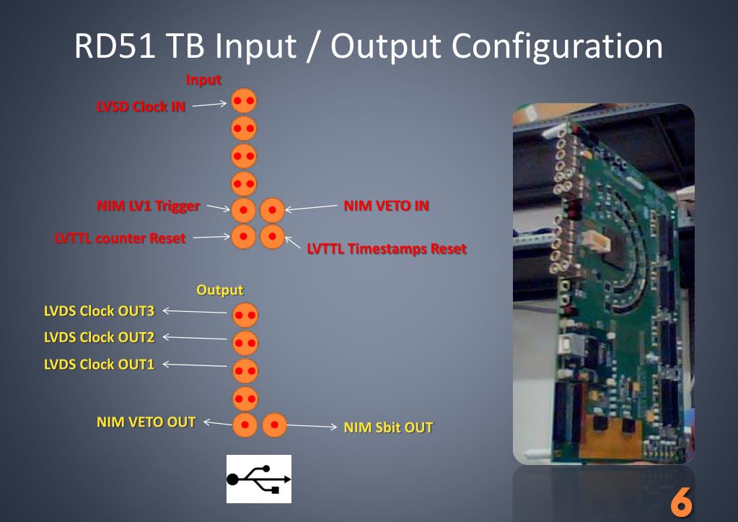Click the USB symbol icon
259,479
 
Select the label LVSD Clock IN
141,107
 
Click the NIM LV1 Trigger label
148,206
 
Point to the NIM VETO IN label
386,206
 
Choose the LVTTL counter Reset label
120,238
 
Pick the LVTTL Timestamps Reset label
387,249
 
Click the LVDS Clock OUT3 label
100,311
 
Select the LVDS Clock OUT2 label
100,337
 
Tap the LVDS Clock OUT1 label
100,364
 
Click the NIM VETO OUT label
146,422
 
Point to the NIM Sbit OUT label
388,427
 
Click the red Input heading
203,79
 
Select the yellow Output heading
220,290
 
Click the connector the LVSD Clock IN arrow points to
244,101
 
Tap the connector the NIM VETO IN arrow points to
272,210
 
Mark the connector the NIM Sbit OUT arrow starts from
274,425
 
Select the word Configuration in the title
557,45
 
